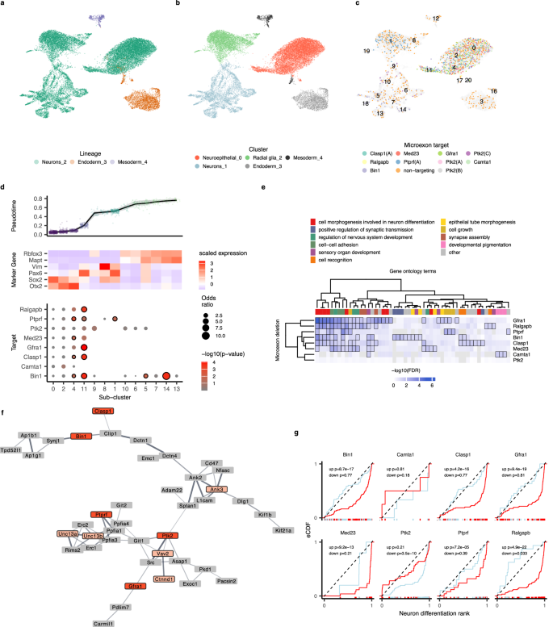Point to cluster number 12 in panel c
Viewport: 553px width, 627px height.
435,18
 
